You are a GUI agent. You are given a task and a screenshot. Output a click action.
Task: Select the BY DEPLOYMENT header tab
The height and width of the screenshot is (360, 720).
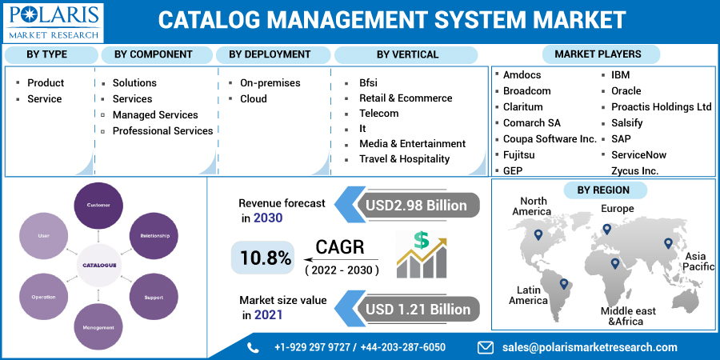(x=270, y=54)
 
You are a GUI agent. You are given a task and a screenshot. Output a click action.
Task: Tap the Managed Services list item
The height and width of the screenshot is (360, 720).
(x=155, y=114)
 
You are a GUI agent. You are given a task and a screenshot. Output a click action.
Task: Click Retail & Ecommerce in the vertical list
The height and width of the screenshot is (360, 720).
(x=406, y=98)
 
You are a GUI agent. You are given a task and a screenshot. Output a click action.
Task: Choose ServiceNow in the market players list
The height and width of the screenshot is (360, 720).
(x=638, y=154)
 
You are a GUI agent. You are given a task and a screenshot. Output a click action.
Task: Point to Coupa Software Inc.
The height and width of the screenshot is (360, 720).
(x=550, y=138)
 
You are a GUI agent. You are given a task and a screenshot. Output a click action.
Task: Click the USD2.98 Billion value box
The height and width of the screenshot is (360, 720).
(x=416, y=205)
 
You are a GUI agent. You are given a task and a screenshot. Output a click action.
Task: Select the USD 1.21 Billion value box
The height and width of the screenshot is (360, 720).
(x=416, y=309)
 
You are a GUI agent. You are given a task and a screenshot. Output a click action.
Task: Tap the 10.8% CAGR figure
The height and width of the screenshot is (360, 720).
(x=261, y=257)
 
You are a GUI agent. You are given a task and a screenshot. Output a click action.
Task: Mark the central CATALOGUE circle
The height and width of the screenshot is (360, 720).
(x=98, y=265)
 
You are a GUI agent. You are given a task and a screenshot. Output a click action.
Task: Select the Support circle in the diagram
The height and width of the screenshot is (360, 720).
(x=154, y=297)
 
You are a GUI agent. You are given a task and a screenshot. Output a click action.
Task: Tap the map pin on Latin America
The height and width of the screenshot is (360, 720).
(x=563, y=283)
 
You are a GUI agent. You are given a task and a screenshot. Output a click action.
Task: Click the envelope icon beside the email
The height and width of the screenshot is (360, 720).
(x=485, y=347)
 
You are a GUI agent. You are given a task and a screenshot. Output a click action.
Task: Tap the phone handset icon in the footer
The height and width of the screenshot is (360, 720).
(x=254, y=347)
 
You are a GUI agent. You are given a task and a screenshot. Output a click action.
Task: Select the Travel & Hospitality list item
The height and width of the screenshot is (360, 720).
(x=404, y=158)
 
